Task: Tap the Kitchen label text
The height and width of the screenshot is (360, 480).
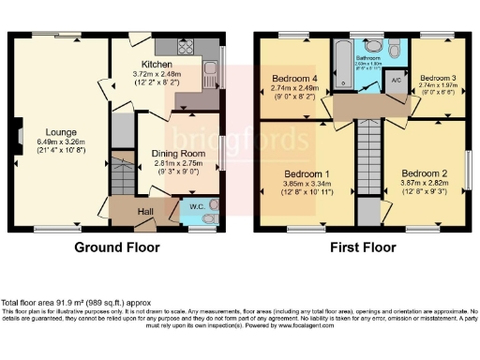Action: point(157,65)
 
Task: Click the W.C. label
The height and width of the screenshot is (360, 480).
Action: point(197,206)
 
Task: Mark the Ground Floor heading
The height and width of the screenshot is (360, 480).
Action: point(118,248)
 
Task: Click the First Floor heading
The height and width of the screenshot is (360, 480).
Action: point(362,248)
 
